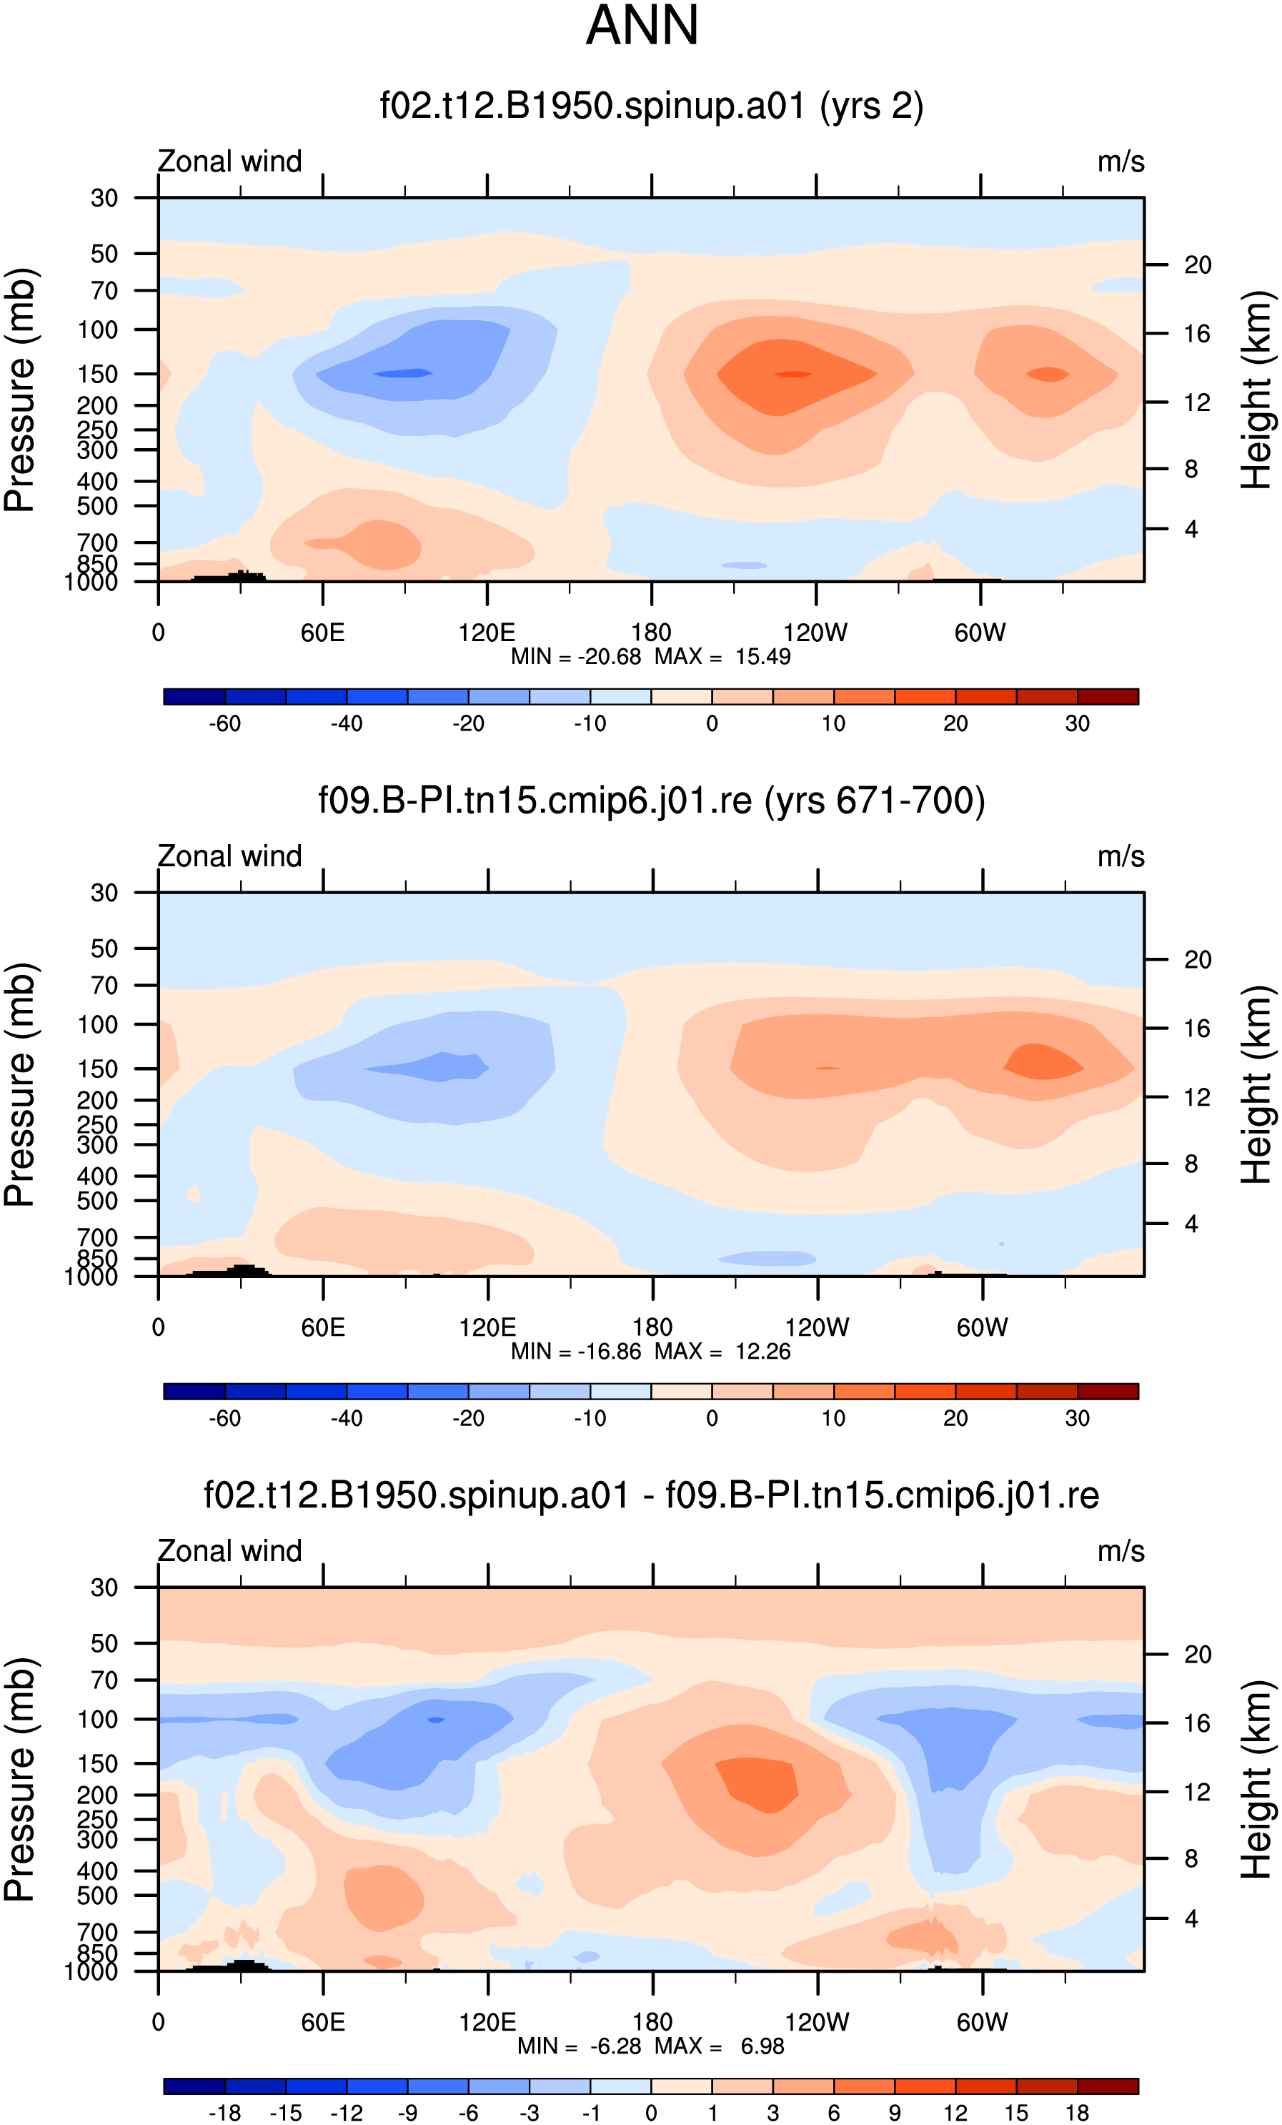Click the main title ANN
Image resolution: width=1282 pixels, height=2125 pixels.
(642, 26)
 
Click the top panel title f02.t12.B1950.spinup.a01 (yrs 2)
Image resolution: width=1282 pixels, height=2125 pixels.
(652, 106)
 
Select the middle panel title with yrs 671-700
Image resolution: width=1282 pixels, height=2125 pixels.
(652, 801)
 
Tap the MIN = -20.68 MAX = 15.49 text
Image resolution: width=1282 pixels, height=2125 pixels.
(651, 656)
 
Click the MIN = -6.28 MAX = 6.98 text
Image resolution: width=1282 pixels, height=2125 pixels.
(651, 2046)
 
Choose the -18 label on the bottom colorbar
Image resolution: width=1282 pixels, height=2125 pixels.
(225, 2112)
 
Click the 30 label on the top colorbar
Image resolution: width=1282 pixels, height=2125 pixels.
(1078, 723)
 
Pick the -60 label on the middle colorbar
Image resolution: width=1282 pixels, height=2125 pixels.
(225, 1418)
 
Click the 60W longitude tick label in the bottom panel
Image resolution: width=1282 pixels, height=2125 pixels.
(982, 2021)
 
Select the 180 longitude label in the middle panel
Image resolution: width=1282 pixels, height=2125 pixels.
(652, 1327)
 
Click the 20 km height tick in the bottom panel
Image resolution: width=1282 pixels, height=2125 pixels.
(1198, 1654)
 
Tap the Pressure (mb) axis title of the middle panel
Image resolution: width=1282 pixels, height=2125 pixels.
(21, 1084)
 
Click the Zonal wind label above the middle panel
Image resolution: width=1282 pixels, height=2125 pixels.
(229, 856)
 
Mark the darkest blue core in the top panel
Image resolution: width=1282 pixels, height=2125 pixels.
(402, 372)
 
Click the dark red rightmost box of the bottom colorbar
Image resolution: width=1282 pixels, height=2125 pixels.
(1108, 2086)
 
